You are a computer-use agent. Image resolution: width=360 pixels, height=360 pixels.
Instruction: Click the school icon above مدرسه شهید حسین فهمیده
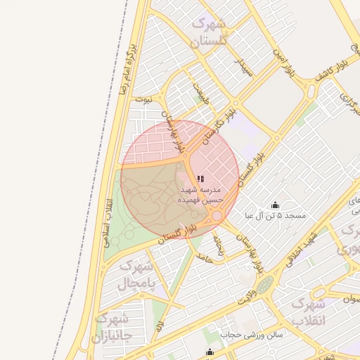pyautogui.click(x=201, y=179)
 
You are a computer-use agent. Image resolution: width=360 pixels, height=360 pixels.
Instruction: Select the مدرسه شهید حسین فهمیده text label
pyautogui.click(x=202, y=195)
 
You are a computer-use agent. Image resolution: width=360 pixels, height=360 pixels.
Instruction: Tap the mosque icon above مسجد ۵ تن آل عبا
pyautogui.click(x=275, y=205)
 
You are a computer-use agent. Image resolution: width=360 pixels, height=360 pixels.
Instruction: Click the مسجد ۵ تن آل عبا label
pyautogui.click(x=275, y=215)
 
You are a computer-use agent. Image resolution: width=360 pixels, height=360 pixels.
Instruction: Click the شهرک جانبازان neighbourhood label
pyautogui.click(x=111, y=329)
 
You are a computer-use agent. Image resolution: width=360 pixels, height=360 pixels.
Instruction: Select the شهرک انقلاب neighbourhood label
pyautogui.click(x=309, y=312)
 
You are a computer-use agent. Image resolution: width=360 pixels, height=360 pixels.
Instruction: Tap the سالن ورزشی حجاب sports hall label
pyautogui.click(x=250, y=335)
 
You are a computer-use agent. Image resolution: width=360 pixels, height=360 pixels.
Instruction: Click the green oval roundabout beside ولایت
pyautogui.click(x=264, y=285)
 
